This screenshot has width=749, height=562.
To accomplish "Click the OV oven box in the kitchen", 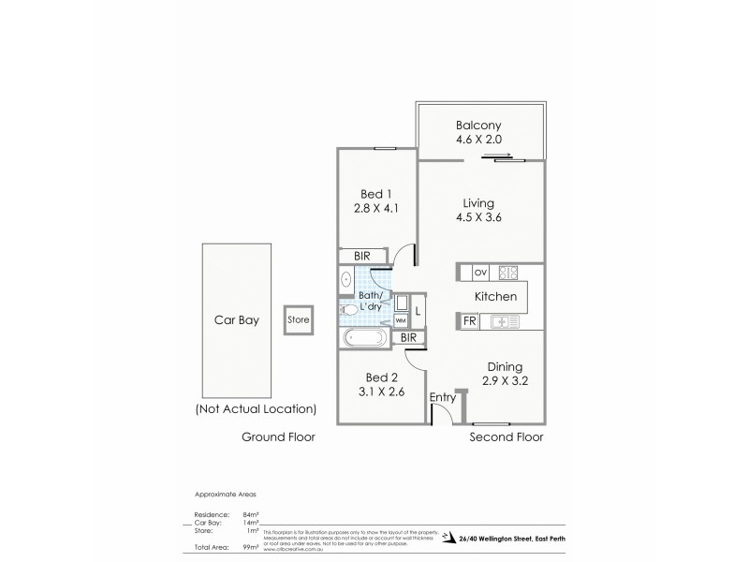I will coord(481,274).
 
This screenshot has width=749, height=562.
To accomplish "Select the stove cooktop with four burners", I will coord(508,274).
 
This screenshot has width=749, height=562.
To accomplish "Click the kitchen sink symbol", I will coord(505,322).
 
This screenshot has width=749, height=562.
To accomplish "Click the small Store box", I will coord(298,319).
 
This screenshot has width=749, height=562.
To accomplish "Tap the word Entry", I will coord(442,397).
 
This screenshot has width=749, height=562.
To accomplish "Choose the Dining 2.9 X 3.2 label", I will coord(504,375).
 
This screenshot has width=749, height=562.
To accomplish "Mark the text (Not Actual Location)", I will coord(256,409).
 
